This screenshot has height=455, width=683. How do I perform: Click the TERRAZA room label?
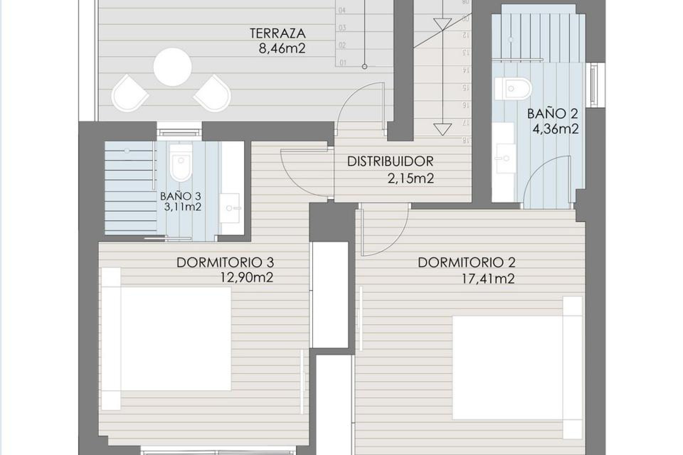[277, 33]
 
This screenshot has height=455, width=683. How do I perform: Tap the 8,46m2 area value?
[282, 48]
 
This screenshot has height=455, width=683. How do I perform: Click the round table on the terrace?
[173, 67]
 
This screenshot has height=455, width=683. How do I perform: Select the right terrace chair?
[213, 93]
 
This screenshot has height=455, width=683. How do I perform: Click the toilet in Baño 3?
[181, 162]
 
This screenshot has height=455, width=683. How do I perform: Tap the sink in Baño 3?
[230, 208]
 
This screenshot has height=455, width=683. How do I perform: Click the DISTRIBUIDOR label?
[390, 162]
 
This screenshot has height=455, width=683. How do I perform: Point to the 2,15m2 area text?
[411, 178]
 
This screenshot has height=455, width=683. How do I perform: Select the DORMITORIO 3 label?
[225, 263]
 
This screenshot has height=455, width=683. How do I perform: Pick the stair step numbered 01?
[343, 63]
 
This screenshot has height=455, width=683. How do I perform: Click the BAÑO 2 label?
[552, 114]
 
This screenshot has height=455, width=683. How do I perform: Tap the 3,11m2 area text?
[182, 207]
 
